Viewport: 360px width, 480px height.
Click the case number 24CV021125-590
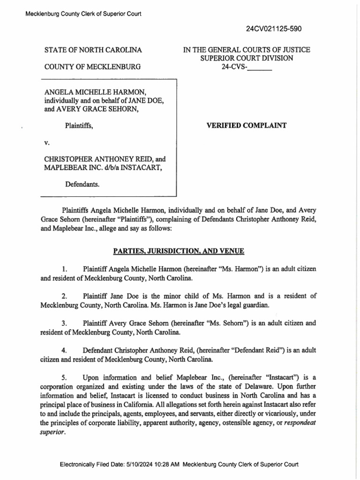[x=274, y=29]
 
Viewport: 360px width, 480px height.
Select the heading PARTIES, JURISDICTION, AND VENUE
[x=179, y=252]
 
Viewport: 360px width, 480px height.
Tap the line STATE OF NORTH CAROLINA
[x=93, y=50]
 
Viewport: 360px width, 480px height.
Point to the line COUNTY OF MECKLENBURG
[x=92, y=67]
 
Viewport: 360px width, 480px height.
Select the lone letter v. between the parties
[x=46, y=142]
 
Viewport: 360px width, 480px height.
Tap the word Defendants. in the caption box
[x=82, y=185]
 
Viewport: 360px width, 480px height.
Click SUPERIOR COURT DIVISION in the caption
[x=247, y=58]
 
